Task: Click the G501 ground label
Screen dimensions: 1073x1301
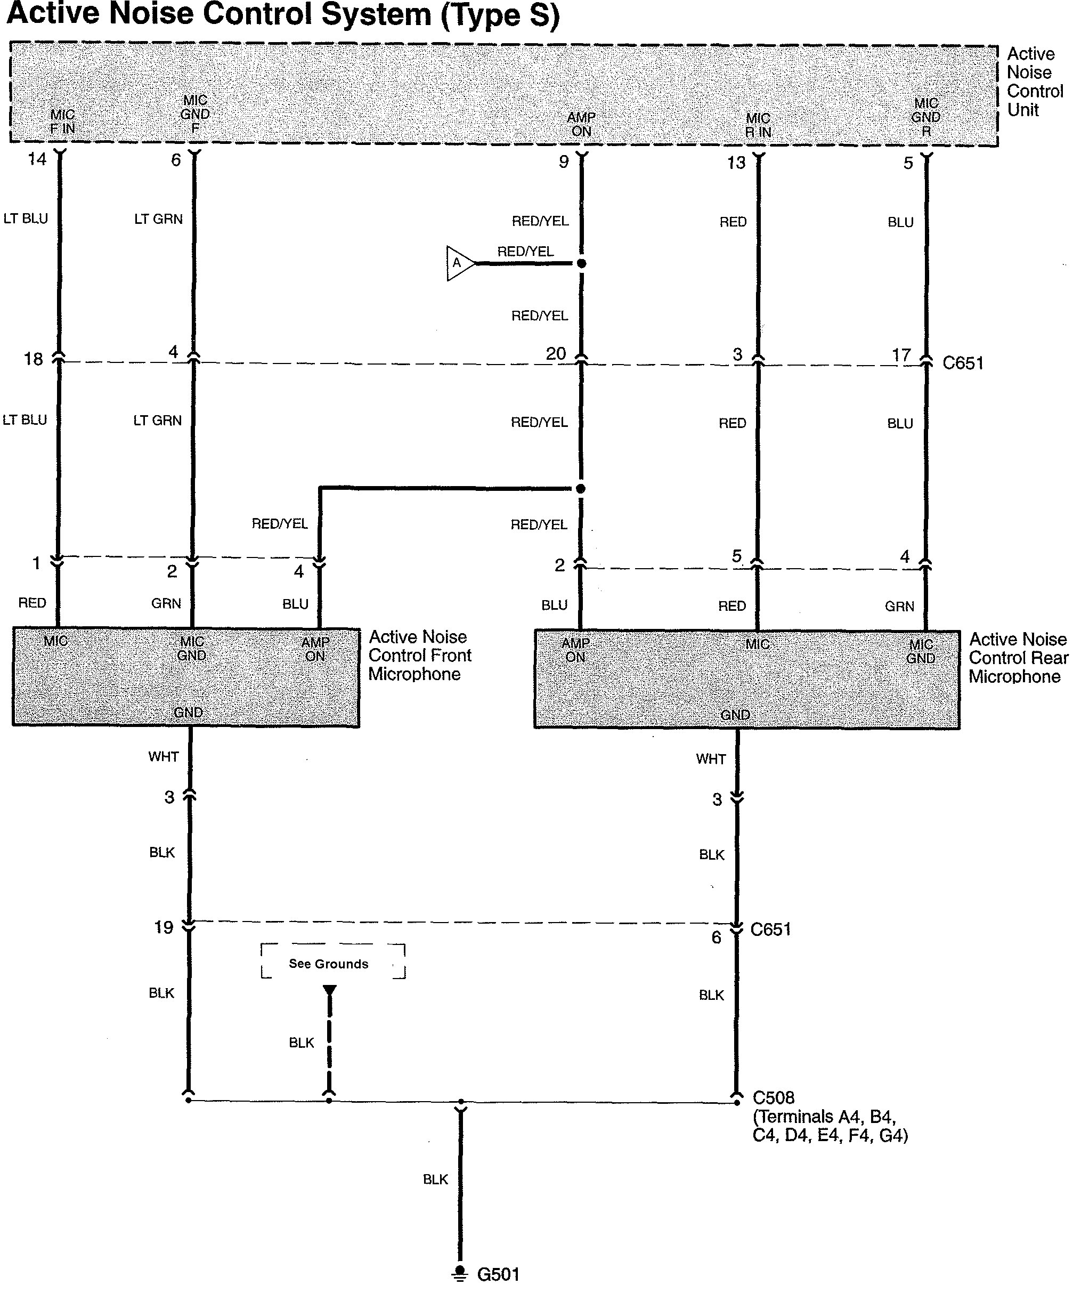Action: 498,1274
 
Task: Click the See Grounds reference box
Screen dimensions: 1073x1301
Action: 332,961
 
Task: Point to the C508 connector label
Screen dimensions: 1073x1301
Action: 773,1097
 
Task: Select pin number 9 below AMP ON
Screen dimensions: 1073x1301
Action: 564,162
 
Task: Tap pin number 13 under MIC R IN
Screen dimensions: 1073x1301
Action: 736,163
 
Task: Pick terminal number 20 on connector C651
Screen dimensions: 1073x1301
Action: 556,354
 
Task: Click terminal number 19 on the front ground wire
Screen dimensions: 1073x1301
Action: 163,927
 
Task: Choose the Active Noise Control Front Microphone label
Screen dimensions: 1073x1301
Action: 420,656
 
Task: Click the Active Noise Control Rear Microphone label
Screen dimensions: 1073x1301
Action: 1018,658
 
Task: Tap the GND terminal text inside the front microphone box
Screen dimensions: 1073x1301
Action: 188,713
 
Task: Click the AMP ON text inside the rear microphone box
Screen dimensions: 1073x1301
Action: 575,650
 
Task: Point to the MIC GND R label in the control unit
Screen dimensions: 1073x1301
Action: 926,117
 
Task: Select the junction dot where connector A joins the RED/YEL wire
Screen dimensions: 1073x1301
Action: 581,263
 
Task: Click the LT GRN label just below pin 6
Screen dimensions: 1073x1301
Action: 158,219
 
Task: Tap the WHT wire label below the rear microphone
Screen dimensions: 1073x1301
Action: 711,759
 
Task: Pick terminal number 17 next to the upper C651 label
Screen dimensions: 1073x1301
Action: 901,355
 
